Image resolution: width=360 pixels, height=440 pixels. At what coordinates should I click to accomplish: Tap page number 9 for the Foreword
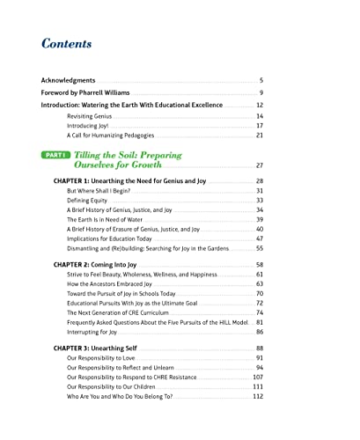point(261,93)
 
